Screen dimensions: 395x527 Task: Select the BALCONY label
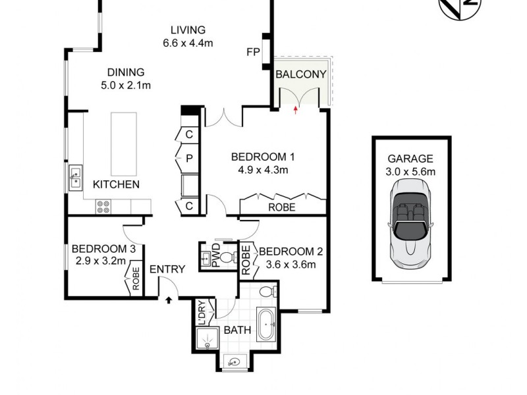pos(300,74)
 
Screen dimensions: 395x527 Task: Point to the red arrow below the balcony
pos(295,111)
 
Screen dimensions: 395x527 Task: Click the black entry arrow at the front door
pos(169,300)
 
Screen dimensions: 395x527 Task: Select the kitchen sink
pos(76,176)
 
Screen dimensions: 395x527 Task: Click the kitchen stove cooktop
pos(103,207)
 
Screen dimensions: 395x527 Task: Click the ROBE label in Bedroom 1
pos(281,207)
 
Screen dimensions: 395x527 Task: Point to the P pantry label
pos(188,159)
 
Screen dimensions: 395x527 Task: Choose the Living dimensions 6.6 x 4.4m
pos(188,43)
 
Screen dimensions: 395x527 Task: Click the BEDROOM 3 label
pos(103,249)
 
